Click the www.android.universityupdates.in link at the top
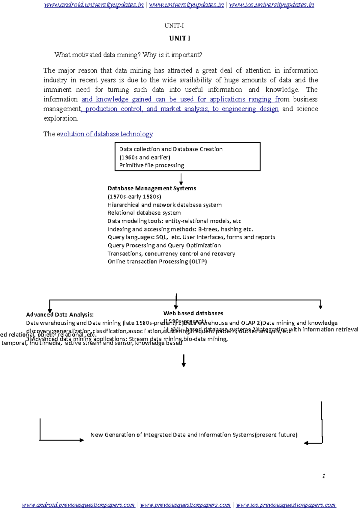click(94, 5)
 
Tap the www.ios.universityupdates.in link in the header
click(271, 5)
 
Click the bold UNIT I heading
click(179, 38)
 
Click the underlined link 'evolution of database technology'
click(106, 134)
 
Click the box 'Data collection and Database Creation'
click(187, 156)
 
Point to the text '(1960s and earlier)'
click(145, 157)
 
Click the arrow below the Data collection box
click(181, 179)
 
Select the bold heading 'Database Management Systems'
click(151, 189)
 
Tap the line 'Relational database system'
click(144, 213)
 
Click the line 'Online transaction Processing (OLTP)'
click(157, 262)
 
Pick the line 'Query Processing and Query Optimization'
click(164, 246)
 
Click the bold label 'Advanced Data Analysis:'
click(60, 315)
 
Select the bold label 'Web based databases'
click(193, 314)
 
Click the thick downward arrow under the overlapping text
click(184, 361)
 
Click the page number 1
click(323, 476)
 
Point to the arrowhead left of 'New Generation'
click(81, 440)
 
